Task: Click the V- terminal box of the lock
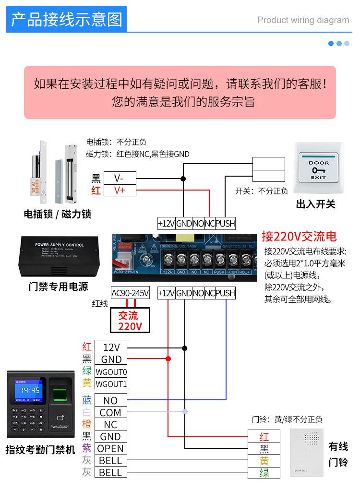point(120,178)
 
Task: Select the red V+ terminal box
point(120,190)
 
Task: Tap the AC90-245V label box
point(130,293)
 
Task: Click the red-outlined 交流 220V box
point(128,321)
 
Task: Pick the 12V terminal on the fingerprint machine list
point(111,347)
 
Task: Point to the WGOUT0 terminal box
point(111,371)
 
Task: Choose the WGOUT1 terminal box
point(111,383)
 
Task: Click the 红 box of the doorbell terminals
point(264,437)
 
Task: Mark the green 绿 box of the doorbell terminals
point(264,473)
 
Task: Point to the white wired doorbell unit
point(307,451)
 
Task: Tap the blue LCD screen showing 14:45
point(30,390)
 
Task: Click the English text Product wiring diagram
point(303,20)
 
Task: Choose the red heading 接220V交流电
point(299,236)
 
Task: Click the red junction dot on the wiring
point(168,359)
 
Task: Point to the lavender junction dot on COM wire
point(185,412)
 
